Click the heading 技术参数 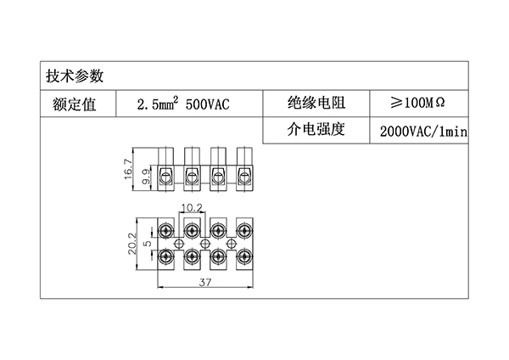pos(75,76)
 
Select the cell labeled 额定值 pos(74,104)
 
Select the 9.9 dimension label pos(146,176)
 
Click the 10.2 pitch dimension pos(192,208)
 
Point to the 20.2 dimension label pos(131,244)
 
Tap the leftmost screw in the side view pos(166,177)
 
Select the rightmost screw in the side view pos(244,177)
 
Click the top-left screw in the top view pos(166,229)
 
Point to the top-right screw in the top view pos(244,229)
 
